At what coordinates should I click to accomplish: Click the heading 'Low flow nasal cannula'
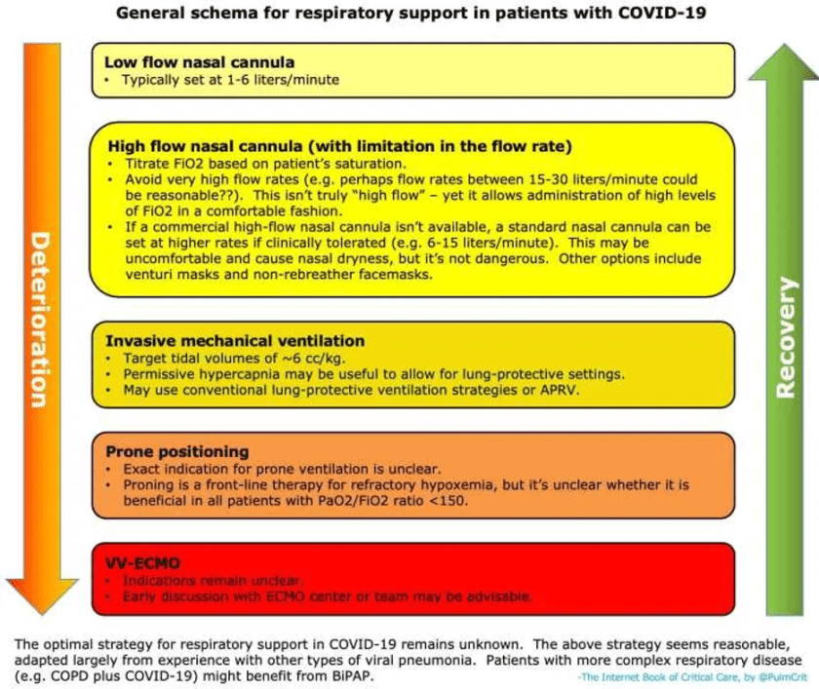[x=199, y=61]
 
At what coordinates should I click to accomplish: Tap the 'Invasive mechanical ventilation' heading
[x=235, y=341]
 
